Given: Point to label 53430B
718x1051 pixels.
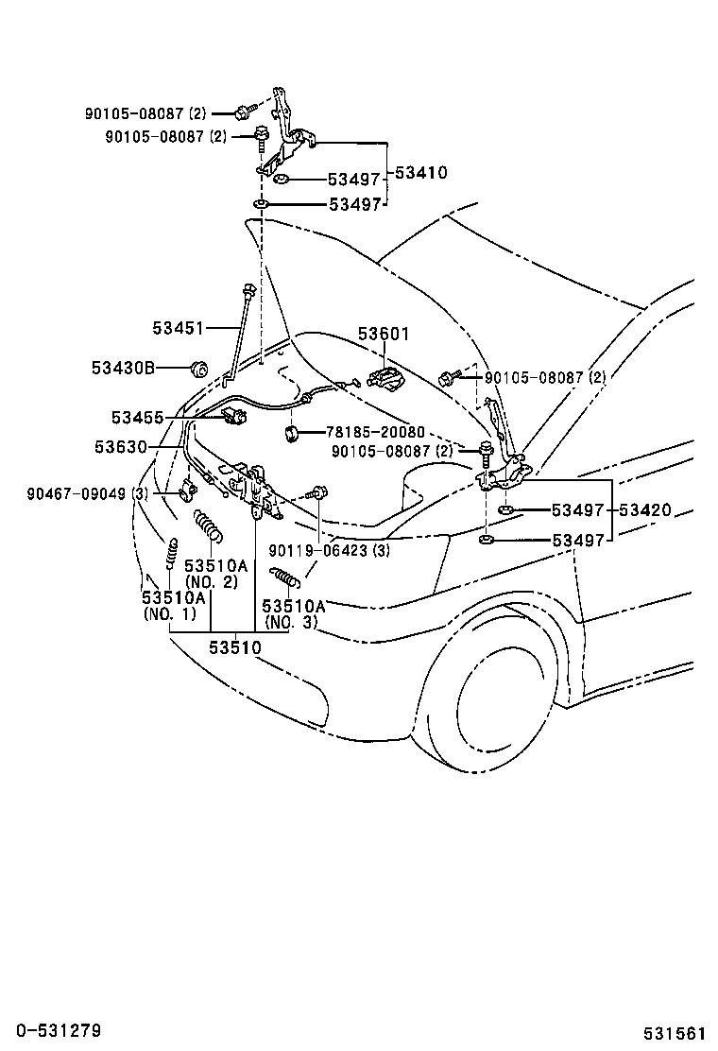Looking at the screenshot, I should tap(123, 367).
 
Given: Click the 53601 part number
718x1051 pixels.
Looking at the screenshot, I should tap(384, 334).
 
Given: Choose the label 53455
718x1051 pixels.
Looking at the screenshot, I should tap(137, 417).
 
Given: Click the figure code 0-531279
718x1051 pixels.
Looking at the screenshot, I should tap(52, 1029).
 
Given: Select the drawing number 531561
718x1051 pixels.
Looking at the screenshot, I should tap(675, 1032).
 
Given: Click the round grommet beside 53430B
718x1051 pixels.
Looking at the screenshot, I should tap(198, 367).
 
